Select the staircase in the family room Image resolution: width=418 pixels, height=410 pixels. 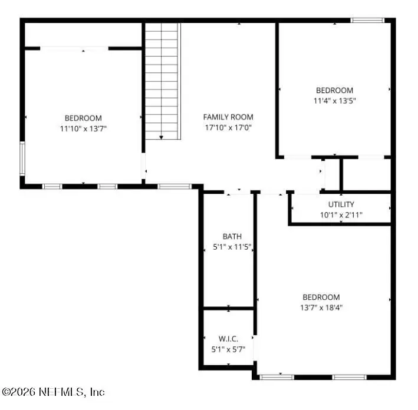pos(162,81)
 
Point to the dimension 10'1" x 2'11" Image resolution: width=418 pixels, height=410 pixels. pos(341,215)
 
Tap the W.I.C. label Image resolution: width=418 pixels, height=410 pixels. pos(229,339)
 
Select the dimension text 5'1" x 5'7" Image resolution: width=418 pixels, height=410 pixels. pos(229,349)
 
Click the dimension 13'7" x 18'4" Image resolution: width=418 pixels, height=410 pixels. pos(321,308)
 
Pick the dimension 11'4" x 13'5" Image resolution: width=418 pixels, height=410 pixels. pos(334,101)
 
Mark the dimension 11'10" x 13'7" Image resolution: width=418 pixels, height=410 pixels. pos(83,128)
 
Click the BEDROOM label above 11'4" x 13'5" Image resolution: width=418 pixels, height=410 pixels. pos(334,90)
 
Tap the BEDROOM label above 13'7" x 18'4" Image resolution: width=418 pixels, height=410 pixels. pos(321,297)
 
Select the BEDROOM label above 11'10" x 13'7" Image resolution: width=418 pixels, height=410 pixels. pos(83,118)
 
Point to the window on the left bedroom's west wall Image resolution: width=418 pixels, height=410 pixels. pos(22,157)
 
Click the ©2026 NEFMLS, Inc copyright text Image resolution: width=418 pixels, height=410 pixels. pos(54,392)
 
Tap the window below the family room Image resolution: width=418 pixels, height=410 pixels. pos(174,186)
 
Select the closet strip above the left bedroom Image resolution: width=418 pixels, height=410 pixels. pos(83,36)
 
